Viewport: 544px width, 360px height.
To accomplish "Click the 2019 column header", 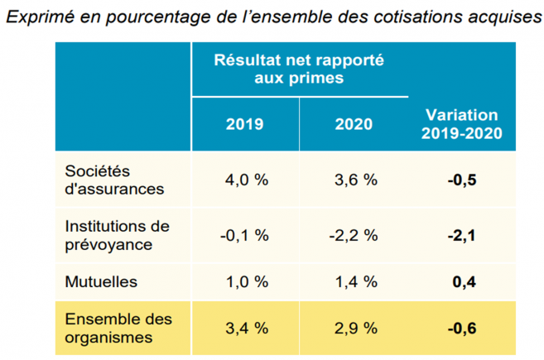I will (x=245, y=124).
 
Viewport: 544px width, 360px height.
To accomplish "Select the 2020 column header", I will (x=354, y=124).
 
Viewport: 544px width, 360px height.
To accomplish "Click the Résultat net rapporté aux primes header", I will (x=299, y=70).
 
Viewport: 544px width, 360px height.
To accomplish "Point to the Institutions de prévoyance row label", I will (x=117, y=234).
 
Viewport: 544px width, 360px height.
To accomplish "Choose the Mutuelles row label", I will (x=99, y=282).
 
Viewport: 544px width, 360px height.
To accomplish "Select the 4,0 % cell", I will (x=245, y=180).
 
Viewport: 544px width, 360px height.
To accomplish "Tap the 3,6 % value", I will (x=354, y=180).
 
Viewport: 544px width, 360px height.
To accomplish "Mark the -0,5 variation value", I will (x=462, y=180).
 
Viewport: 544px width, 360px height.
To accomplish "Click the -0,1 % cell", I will (x=244, y=235).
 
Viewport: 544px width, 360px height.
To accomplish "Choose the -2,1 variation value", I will (x=462, y=235).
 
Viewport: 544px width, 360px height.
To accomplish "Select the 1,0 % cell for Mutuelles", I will (x=246, y=282).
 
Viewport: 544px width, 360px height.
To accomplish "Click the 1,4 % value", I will (x=354, y=282).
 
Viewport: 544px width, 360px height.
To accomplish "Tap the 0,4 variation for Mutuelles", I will (x=465, y=282).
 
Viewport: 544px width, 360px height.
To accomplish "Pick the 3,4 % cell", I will (x=246, y=329).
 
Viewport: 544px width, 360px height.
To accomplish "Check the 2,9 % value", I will (x=354, y=329).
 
